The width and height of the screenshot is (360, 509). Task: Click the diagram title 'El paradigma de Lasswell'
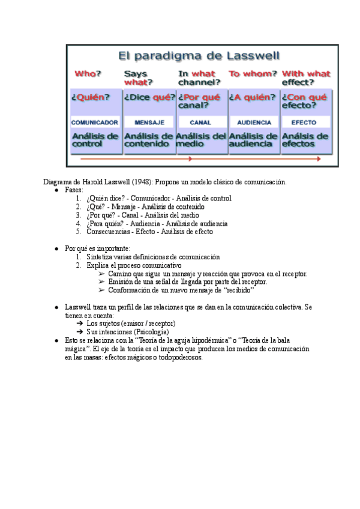(199, 57)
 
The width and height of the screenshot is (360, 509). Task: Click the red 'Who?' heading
(88, 74)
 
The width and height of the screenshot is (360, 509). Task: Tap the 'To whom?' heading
(253, 74)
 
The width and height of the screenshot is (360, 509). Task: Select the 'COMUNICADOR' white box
(95, 122)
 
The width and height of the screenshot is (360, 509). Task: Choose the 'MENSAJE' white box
(149, 122)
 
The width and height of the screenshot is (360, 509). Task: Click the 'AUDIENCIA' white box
(254, 122)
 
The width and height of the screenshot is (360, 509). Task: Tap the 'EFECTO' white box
(304, 122)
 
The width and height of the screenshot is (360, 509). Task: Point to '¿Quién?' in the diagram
(91, 97)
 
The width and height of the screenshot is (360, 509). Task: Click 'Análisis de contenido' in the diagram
(149, 140)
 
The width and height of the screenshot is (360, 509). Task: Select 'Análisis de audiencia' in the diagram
(254, 140)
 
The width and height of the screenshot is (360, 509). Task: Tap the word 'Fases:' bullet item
(74, 190)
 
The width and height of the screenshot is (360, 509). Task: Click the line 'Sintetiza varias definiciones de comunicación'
(153, 257)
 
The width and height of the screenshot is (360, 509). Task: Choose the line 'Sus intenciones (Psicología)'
(127, 331)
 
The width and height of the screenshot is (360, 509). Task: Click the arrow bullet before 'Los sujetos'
(79, 323)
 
